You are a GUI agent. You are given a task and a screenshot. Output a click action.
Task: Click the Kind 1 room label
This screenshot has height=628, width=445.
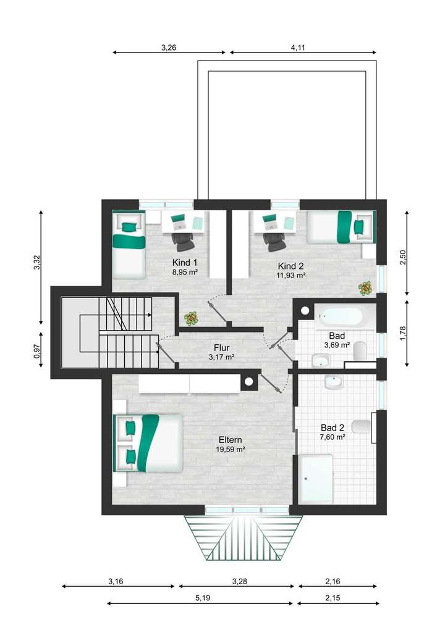point(185,262)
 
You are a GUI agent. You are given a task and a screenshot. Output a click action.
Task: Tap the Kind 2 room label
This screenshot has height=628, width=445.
point(290,266)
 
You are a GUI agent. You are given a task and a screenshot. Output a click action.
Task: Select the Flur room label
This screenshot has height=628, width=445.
point(222,347)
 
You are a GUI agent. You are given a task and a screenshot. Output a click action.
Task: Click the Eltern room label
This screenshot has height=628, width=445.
point(230,440)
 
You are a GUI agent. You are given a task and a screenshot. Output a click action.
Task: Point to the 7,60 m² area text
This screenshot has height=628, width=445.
point(333,436)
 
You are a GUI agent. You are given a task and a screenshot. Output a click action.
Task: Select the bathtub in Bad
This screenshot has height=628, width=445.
point(339,316)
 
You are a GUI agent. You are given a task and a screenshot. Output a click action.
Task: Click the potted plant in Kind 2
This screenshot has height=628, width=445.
point(366,287)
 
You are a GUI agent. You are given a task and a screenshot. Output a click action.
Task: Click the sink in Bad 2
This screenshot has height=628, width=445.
point(333,382)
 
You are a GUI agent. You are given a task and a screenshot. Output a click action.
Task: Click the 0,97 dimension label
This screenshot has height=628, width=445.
point(36,351)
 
